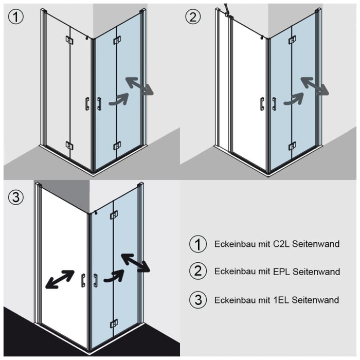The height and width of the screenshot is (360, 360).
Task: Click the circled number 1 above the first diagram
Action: (15, 17)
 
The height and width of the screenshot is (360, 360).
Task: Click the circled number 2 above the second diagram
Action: (193, 17)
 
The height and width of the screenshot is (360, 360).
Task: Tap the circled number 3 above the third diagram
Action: (15, 197)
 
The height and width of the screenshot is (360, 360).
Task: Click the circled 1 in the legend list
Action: (198, 244)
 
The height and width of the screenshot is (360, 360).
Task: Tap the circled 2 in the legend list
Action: (198, 272)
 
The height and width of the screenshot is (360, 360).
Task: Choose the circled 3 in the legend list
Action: (198, 299)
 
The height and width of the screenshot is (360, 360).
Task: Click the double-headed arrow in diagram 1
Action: (139, 86)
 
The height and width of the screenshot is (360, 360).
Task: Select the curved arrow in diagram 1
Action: (118, 99)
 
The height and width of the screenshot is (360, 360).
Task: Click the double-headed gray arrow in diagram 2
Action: (315, 86)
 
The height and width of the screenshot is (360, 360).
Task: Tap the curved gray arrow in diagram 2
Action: (294, 99)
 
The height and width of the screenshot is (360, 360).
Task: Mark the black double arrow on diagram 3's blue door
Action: (135, 262)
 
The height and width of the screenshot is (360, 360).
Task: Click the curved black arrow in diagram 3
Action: (114, 276)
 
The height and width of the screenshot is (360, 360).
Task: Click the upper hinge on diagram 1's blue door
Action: (117, 40)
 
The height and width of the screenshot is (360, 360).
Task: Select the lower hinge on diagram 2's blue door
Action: (292, 146)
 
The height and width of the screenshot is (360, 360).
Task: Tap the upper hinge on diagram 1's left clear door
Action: (69, 40)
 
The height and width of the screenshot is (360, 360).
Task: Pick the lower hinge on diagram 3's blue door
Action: (114, 323)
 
